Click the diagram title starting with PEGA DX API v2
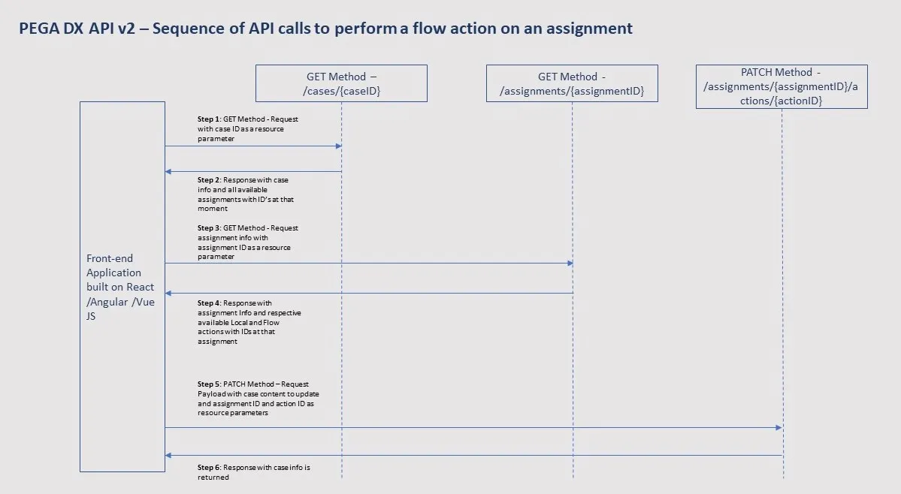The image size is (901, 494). [x=325, y=29]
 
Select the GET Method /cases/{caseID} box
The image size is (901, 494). [x=341, y=83]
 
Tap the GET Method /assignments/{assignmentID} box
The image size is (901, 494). [x=572, y=83]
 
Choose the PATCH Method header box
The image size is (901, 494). [x=782, y=86]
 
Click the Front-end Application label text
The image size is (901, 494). [x=120, y=287]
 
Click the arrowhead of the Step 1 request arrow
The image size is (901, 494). [x=339, y=146]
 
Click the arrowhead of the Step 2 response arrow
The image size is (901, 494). [x=168, y=172]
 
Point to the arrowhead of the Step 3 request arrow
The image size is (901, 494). [x=570, y=263]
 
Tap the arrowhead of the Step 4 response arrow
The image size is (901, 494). [x=168, y=293]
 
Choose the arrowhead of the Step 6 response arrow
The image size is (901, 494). [x=168, y=455]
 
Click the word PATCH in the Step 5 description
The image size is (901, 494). [x=234, y=384]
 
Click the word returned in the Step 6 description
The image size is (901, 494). [x=213, y=477]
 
